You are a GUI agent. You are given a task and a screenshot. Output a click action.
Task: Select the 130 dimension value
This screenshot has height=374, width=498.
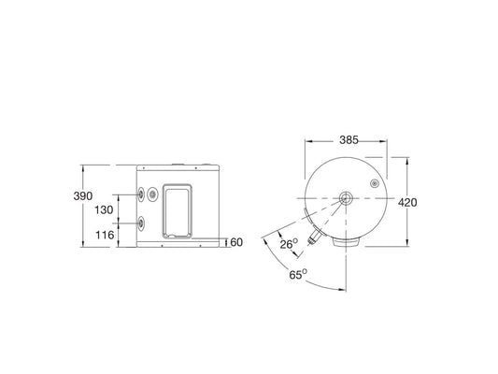[x=104, y=210]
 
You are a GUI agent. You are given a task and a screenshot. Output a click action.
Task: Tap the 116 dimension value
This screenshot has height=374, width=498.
[x=104, y=235]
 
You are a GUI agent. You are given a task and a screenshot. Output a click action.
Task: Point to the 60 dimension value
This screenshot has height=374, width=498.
[x=235, y=243]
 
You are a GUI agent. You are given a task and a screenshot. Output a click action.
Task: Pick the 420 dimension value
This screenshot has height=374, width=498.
[x=407, y=203]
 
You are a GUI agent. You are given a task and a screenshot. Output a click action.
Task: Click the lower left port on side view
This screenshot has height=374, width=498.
[x=141, y=223]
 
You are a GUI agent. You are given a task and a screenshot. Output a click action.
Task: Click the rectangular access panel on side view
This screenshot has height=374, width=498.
[x=178, y=210]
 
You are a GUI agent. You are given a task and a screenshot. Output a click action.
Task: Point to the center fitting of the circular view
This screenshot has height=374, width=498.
[x=346, y=199]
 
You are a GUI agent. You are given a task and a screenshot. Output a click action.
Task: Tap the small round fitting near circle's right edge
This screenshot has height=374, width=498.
[x=376, y=183]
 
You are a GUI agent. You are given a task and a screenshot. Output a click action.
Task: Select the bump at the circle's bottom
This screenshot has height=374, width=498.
[x=348, y=242]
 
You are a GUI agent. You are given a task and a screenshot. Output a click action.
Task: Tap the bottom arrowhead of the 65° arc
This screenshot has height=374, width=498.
[x=346, y=286]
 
